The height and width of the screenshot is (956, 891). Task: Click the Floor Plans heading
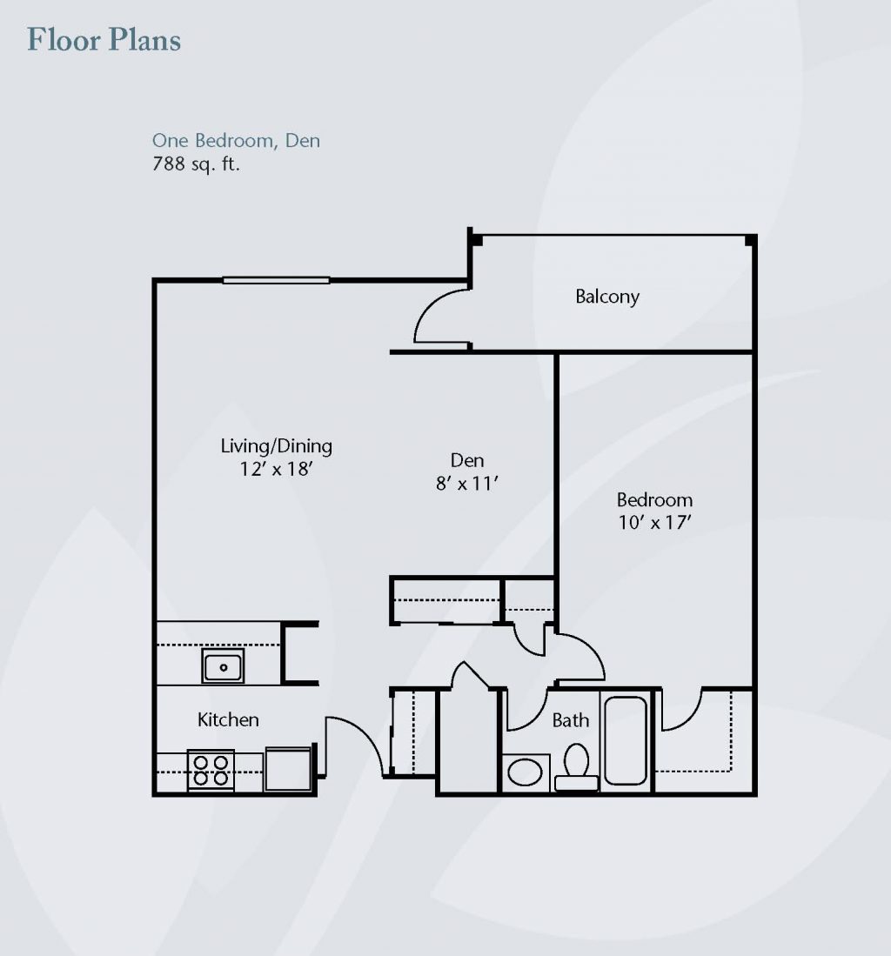[104, 40]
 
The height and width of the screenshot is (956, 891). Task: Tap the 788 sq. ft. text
[196, 164]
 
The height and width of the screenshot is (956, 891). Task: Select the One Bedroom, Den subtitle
[236, 140]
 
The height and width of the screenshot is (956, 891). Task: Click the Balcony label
[607, 297]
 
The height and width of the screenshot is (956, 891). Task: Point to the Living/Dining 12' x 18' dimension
[277, 469]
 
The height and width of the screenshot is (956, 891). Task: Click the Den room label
[467, 459]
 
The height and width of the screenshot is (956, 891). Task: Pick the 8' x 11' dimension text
[467, 484]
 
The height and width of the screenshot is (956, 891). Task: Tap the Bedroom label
[654, 500]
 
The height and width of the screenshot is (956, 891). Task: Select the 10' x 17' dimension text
[654, 523]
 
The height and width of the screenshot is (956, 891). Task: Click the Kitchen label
[228, 719]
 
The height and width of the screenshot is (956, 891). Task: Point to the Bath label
[571, 720]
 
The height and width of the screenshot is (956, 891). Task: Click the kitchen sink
[224, 665]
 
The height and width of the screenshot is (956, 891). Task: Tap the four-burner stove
[211, 771]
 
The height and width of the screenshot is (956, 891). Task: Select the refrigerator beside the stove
[289, 770]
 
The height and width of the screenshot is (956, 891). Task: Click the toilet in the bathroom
[576, 767]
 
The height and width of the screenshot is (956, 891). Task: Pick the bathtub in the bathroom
[626, 740]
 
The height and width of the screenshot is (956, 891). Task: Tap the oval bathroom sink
[525, 772]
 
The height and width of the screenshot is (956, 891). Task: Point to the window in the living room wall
[277, 280]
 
